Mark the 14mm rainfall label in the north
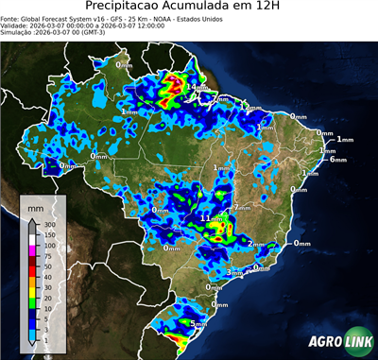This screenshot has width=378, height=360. click(x=197, y=88)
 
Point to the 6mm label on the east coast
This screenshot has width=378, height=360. click(x=336, y=159)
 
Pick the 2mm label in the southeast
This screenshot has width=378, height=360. click(x=255, y=243)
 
